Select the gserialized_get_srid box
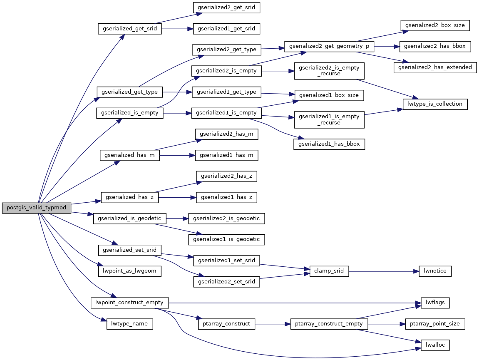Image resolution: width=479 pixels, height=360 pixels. (x=129, y=29)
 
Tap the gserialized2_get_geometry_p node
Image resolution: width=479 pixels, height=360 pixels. (x=329, y=46)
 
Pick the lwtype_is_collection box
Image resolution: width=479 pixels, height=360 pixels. (x=435, y=104)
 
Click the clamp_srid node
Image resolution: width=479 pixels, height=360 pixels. (x=329, y=271)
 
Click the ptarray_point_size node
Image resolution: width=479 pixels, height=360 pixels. (x=435, y=324)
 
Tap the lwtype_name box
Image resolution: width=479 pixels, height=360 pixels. (x=130, y=324)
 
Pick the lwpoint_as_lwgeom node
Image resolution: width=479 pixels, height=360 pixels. (x=129, y=271)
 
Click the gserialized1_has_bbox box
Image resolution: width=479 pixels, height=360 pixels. (x=329, y=144)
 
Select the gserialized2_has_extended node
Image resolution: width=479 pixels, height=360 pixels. (x=435, y=67)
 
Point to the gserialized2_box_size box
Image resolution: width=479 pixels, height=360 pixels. (x=435, y=25)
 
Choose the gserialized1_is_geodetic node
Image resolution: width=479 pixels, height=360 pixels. (x=226, y=239)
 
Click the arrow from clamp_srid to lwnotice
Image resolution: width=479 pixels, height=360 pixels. (x=383, y=271)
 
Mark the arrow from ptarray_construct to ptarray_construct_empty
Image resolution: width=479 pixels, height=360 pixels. (x=272, y=324)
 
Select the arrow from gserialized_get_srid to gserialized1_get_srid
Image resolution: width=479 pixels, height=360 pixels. (x=177, y=29)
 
